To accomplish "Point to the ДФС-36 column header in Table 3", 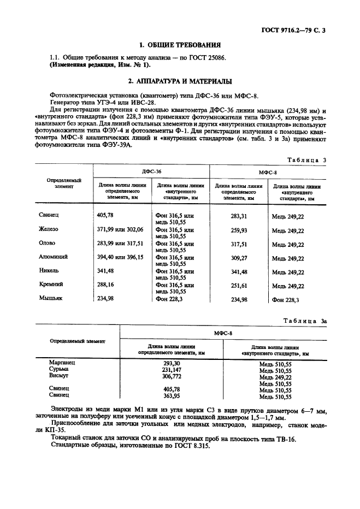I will [x=151, y=171].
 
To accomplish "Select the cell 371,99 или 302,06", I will [x=120, y=229].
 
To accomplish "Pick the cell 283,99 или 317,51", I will [x=120, y=243].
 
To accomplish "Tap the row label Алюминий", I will [x=53, y=257].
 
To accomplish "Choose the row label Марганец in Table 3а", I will [x=62, y=363].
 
